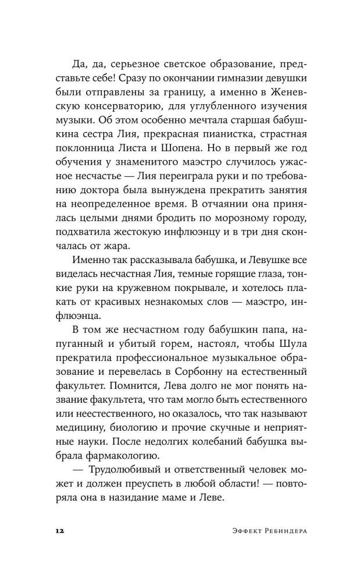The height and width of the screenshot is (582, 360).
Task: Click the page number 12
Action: (x=60, y=532)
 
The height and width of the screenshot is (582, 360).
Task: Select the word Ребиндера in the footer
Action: (x=277, y=532)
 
